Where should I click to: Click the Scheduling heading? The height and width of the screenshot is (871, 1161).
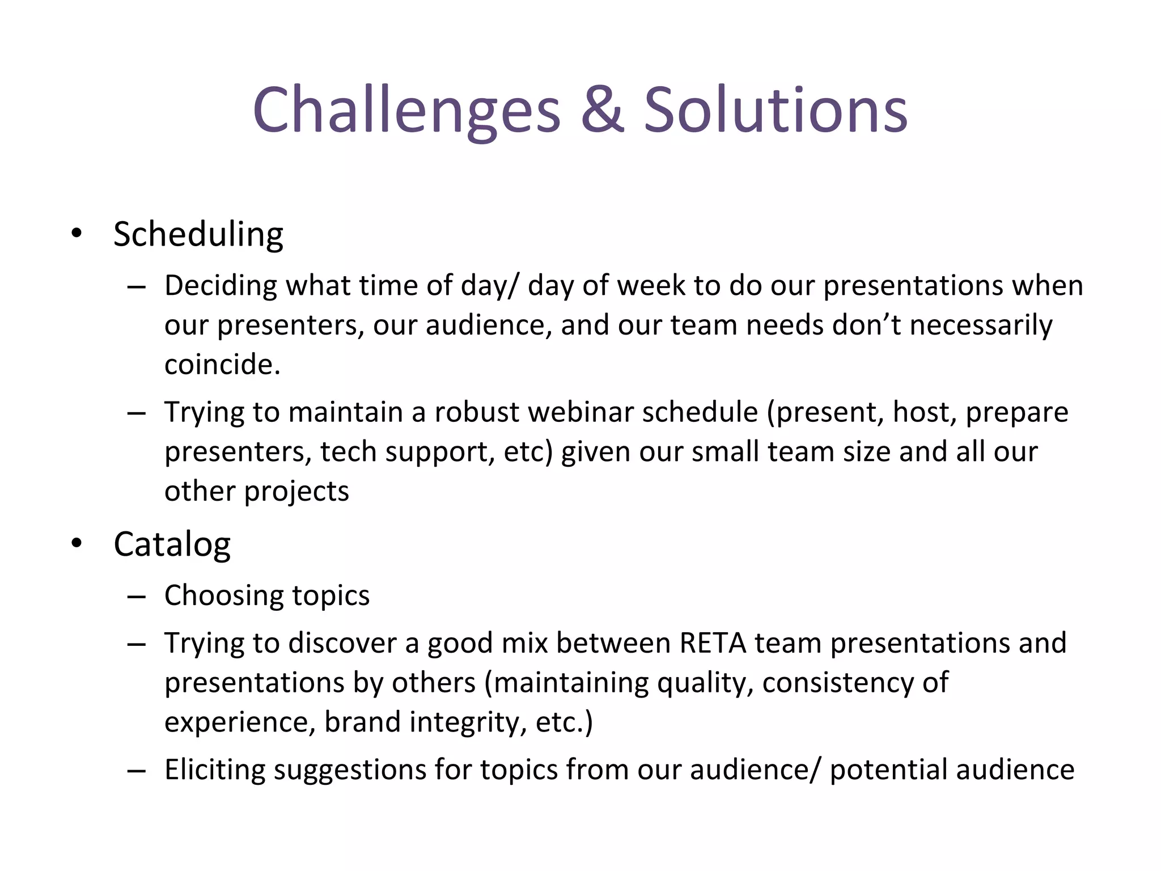tap(198, 234)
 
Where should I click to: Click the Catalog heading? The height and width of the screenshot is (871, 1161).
tap(172, 544)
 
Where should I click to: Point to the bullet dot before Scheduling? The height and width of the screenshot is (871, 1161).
tap(77, 234)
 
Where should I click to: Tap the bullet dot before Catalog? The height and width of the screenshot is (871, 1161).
tap(77, 544)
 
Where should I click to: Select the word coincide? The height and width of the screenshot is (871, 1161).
tap(222, 364)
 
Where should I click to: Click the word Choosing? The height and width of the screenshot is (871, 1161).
tap(224, 596)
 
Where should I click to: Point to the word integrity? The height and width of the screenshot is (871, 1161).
tap(468, 722)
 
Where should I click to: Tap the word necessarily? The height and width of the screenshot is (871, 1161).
tap(981, 325)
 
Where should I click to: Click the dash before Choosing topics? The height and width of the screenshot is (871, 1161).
tap(137, 597)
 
